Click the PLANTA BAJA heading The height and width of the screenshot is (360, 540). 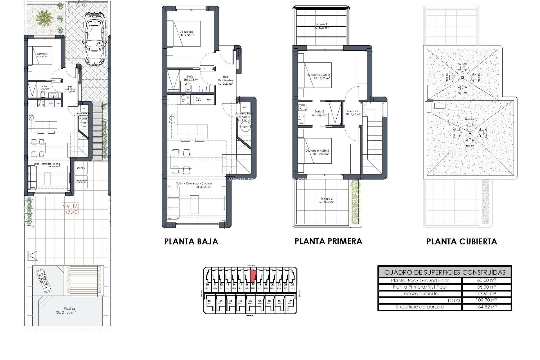[x=191, y=242]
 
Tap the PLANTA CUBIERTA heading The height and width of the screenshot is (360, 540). [x=462, y=242]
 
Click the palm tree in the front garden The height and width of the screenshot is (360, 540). [x=44, y=19]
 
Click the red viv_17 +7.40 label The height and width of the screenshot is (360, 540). [x=70, y=209]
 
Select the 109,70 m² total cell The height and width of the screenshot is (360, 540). [x=486, y=300]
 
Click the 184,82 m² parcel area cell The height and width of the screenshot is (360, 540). [x=486, y=307]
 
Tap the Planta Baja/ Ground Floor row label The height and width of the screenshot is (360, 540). [x=420, y=280]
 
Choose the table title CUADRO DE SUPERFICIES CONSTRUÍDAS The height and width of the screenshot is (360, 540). [x=444, y=272]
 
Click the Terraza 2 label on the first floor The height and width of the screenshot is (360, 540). [x=327, y=200]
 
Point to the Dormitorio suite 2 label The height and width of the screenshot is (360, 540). [x=318, y=76]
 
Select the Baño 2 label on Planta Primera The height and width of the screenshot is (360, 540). [x=319, y=113]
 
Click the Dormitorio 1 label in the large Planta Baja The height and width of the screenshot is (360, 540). [x=187, y=33]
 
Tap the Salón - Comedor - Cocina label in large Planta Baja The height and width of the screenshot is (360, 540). [x=194, y=185]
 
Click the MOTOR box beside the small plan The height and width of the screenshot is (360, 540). [x=81, y=168]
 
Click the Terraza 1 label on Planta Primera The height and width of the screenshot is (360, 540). [x=321, y=26]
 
